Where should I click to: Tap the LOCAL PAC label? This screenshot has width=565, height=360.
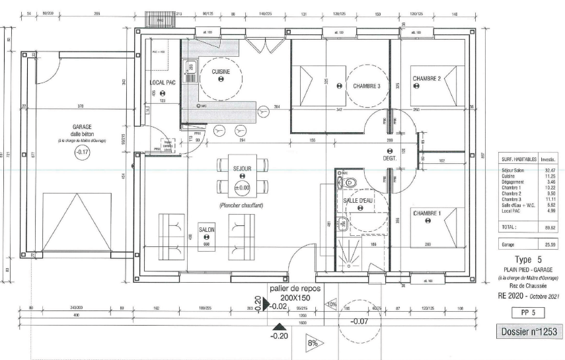coord(163,83)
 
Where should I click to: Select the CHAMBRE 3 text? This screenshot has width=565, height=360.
coord(366,86)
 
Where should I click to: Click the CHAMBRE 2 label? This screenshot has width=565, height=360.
coord(426,78)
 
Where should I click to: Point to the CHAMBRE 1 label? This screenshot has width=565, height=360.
coord(427,213)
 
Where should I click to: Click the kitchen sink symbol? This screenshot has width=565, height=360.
coord(190,65)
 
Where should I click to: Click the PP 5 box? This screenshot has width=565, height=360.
coord(527,311)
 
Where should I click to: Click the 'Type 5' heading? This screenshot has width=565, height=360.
coord(528,260)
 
